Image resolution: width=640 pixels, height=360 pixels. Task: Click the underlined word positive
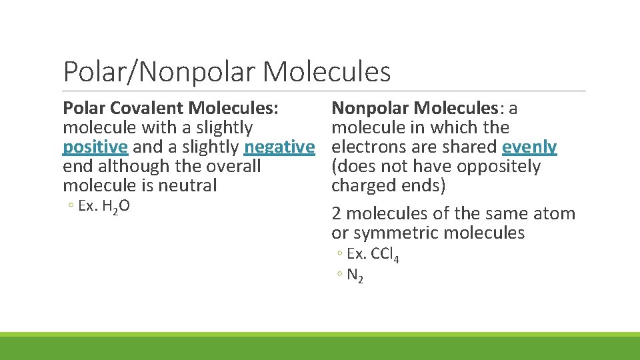pos(95,147)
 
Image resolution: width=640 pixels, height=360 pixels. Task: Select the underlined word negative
pos(279,147)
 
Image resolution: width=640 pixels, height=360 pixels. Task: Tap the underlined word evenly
pos(529,147)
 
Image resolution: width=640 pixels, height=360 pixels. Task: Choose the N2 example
pos(355,275)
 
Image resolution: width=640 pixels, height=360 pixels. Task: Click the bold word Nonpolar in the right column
pos(369,108)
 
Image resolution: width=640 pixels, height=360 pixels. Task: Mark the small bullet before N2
pos(340,275)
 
